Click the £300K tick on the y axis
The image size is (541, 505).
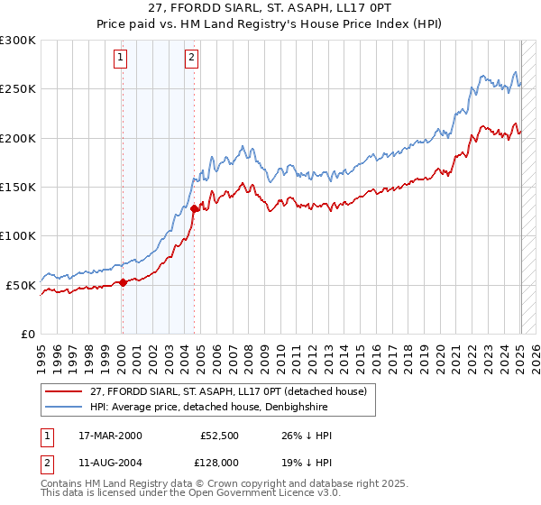click(x=18, y=41)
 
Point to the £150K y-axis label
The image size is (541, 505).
click(x=18, y=187)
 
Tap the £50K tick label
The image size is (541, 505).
click(x=21, y=285)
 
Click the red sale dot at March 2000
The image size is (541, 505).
click(x=123, y=282)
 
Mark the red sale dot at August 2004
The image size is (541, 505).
click(x=194, y=208)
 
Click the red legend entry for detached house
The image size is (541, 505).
click(x=228, y=392)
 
